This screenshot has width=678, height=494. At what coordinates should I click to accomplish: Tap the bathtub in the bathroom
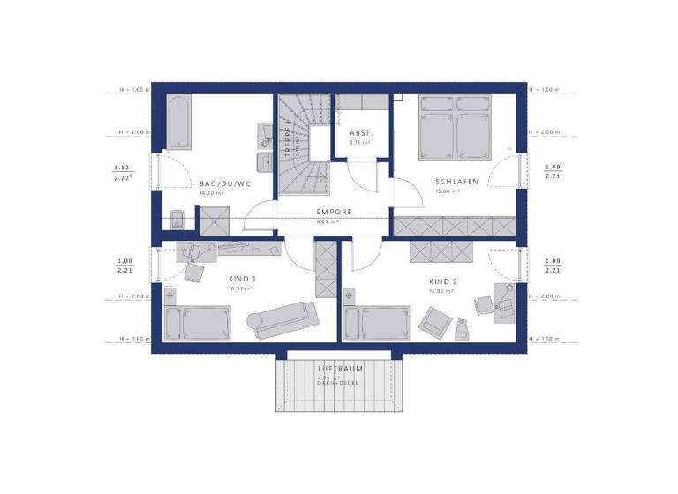177,123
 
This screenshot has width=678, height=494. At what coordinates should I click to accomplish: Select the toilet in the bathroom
177,221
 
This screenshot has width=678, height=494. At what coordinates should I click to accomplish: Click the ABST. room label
360,132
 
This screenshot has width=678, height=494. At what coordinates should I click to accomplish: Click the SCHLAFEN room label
456,182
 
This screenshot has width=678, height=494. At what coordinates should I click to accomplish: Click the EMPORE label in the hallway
335,212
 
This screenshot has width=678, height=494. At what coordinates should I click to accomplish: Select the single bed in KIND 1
196,323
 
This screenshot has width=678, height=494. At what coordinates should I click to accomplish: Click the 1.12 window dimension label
122,168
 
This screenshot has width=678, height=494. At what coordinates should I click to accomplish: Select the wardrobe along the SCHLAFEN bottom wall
452,226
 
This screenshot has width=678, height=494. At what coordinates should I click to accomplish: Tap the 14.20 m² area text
211,192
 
